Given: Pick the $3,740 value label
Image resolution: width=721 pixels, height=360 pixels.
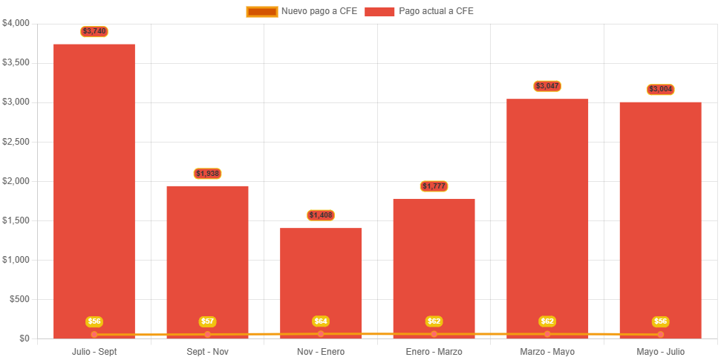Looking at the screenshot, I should pos(94,31).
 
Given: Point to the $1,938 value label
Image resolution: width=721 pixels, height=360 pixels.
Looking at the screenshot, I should pos(207,174).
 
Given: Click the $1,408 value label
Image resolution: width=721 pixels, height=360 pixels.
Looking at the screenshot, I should pos(321,215).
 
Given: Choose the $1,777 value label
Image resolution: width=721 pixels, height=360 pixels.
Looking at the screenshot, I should pos(434,186).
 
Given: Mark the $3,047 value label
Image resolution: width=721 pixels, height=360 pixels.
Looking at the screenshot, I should pos(547,86).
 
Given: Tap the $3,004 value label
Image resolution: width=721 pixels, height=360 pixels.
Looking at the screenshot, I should pos(660,90).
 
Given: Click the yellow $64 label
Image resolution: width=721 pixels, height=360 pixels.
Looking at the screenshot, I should pos(321,321).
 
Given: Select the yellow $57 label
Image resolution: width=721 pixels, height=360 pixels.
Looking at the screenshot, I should pos(207,321).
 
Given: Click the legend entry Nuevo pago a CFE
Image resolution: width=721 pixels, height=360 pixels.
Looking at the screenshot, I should pos(302,11).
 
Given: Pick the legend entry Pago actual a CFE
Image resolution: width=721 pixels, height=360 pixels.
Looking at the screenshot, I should pos(420,11).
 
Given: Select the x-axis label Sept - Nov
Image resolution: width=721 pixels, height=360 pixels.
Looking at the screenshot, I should pos(207,351).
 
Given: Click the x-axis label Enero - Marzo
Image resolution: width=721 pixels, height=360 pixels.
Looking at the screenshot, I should pos(434,351).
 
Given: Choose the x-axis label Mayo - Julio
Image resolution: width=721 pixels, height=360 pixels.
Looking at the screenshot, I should pos(660,351).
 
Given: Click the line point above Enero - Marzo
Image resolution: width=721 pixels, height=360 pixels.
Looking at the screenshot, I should pos(434,334).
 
